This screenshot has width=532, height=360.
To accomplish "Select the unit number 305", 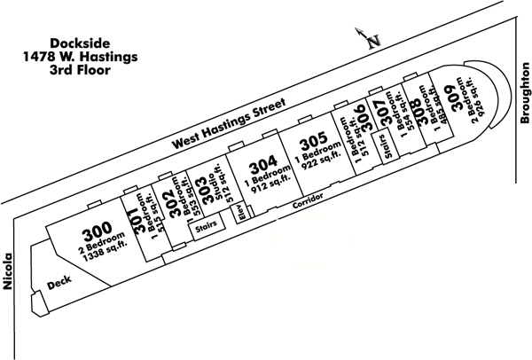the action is (x=314, y=141).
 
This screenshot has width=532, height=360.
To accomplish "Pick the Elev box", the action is (x=241, y=214).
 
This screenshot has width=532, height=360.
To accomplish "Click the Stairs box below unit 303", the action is (x=207, y=227).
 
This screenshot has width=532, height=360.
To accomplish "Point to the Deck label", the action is (x=59, y=283).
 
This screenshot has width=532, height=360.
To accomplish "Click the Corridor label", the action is (x=308, y=201).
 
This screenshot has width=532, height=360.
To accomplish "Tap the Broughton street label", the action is (x=525, y=93).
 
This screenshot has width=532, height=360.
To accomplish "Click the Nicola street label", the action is (x=7, y=272).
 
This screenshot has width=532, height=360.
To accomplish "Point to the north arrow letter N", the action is (x=374, y=41).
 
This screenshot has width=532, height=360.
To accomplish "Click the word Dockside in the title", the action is (x=80, y=43).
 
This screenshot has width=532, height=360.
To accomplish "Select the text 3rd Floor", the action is (x=80, y=70).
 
